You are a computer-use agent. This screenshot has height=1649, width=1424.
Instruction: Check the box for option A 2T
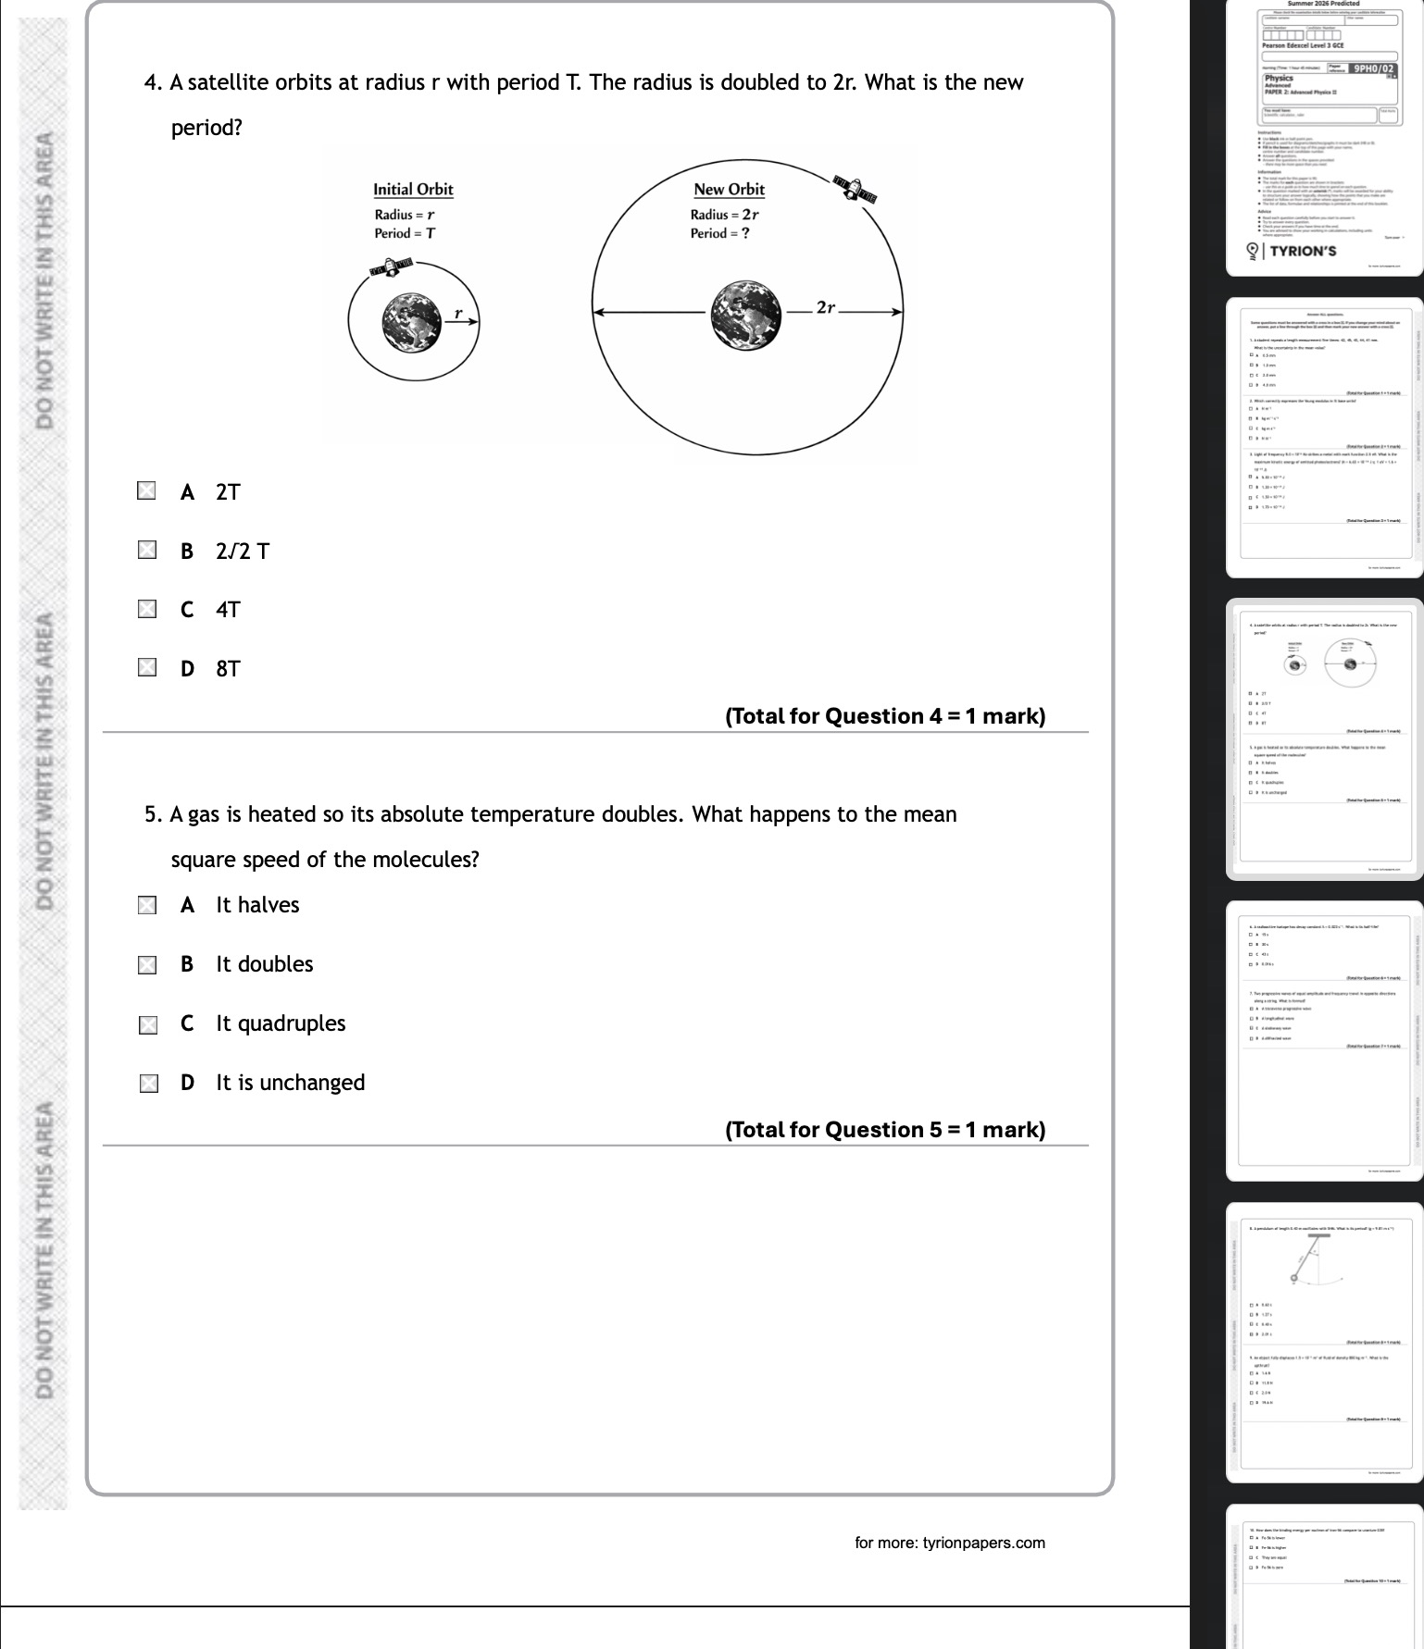[x=146, y=491]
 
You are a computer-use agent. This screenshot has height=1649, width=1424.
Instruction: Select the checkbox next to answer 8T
[x=146, y=668]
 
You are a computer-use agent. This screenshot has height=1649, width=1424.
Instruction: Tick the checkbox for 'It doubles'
[x=147, y=965]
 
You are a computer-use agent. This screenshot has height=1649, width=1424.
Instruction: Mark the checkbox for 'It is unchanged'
[x=148, y=1084]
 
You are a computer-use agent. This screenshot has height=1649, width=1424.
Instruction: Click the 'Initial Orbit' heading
[x=413, y=190]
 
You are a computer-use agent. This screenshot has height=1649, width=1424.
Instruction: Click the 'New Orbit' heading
[x=729, y=190]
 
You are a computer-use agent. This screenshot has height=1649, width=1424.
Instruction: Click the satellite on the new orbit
[x=854, y=189]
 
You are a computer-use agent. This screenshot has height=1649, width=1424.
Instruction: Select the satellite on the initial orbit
[x=391, y=268]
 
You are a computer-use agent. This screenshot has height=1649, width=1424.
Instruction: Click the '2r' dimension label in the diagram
[x=826, y=307]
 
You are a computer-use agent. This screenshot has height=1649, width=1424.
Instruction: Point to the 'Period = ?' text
[x=719, y=233]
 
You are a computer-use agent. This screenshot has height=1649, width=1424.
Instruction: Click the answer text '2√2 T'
[x=243, y=552]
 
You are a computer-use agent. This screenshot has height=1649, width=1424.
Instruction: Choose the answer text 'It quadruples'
[x=281, y=1023]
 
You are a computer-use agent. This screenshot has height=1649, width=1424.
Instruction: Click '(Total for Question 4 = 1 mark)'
[x=885, y=716]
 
